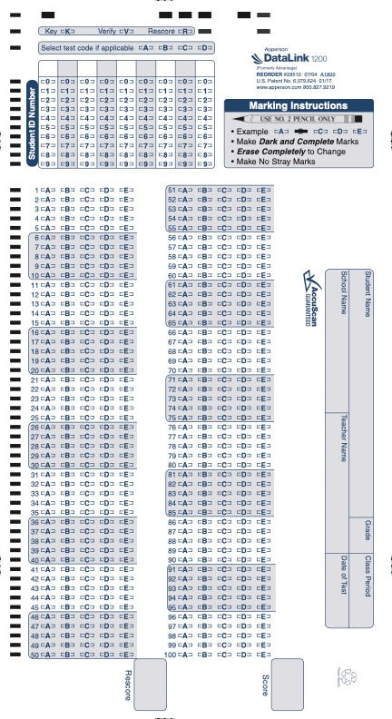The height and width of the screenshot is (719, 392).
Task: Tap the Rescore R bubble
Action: point(185,31)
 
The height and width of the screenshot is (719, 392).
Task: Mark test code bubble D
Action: point(206,47)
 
